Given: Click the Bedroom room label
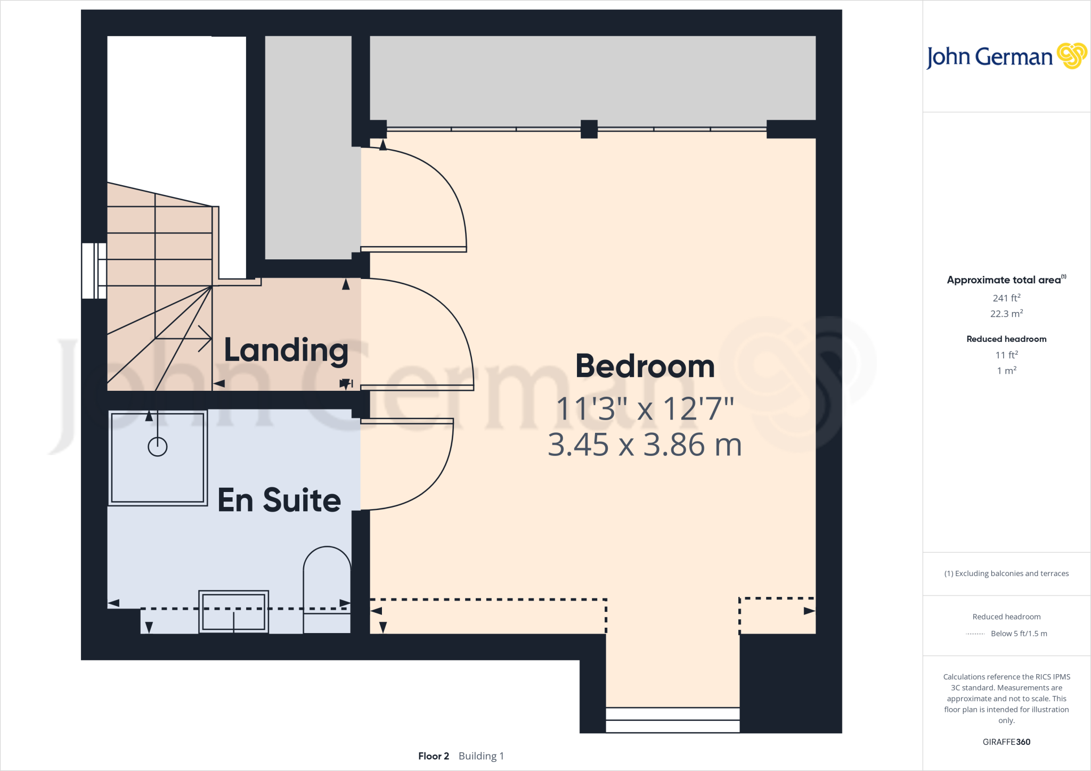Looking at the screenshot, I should click(x=645, y=366).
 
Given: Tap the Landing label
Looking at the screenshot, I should click(x=286, y=350).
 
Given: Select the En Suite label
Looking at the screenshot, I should click(x=279, y=500).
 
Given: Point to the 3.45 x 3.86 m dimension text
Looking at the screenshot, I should click(x=645, y=445).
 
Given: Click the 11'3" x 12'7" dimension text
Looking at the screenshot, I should click(x=645, y=409).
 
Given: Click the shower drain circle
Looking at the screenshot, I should click(x=157, y=446).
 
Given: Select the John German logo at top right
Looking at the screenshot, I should click(x=1006, y=56).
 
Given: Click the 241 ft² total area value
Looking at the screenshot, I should click(x=1006, y=298).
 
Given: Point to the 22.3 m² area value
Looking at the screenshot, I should click(x=1006, y=314).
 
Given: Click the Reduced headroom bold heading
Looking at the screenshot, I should click(x=1006, y=339).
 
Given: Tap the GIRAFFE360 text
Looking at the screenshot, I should click(x=1006, y=742).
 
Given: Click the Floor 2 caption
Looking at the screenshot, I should click(x=433, y=756).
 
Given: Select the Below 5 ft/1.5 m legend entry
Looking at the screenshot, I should click(x=1019, y=634).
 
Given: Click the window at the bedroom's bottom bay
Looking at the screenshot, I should click(x=672, y=719).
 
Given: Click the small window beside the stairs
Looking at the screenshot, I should click(x=94, y=270).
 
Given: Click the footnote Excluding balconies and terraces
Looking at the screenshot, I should click(x=1006, y=573).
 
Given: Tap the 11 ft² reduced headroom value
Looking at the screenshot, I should click(x=1006, y=355).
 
